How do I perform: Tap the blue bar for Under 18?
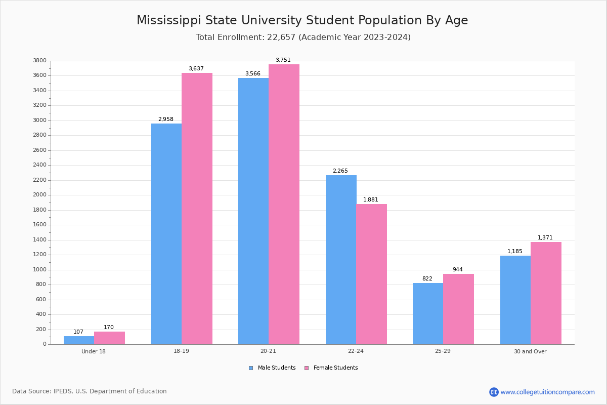(x=79, y=340)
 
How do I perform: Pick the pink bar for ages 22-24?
(x=371, y=274)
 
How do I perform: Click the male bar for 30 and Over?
(x=515, y=300)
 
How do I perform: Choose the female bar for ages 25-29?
(x=458, y=309)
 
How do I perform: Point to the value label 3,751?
(x=283, y=60)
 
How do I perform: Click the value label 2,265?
(x=340, y=171)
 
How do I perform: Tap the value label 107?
(x=78, y=332)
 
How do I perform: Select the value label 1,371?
(x=545, y=237)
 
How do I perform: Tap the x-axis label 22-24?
(x=356, y=351)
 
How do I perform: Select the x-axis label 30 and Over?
(x=530, y=351)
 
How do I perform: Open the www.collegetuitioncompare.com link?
(x=547, y=392)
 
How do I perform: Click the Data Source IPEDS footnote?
(x=90, y=391)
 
